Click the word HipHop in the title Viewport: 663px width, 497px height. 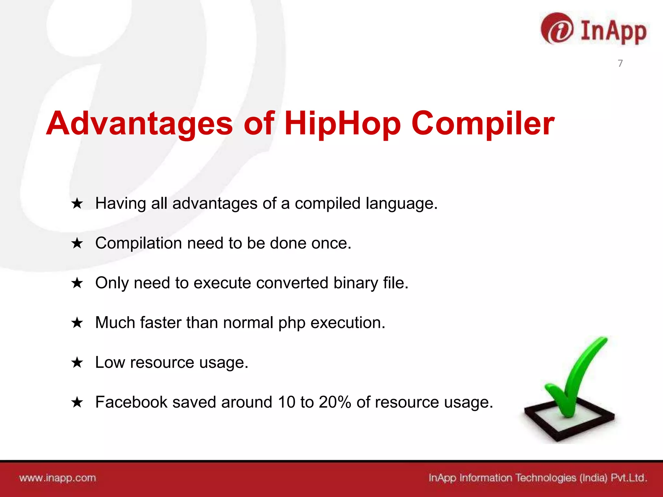343,124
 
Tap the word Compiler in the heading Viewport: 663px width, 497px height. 483,124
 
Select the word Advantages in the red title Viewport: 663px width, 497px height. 140,124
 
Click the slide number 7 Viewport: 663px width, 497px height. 620,63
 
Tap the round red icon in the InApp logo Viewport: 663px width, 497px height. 557,29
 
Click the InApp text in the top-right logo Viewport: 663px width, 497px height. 613,31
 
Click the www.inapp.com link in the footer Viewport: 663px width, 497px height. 58,478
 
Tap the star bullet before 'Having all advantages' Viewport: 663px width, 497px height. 77,204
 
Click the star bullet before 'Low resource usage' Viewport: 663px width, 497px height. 77,363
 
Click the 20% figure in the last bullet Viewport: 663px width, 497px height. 335,402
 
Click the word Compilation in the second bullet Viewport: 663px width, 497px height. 139,243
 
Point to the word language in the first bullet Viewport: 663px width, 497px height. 401,204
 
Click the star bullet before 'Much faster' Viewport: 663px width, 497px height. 77,323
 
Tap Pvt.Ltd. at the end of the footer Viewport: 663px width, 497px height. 628,478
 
